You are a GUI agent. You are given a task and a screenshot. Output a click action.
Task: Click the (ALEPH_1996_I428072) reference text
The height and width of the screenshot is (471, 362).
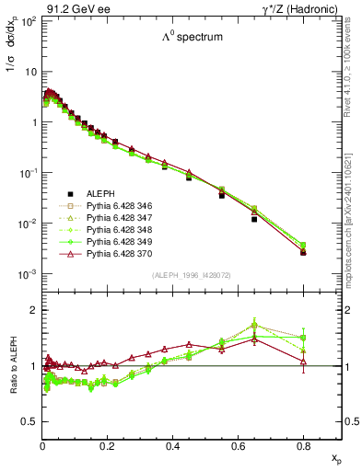coord(191,276)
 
